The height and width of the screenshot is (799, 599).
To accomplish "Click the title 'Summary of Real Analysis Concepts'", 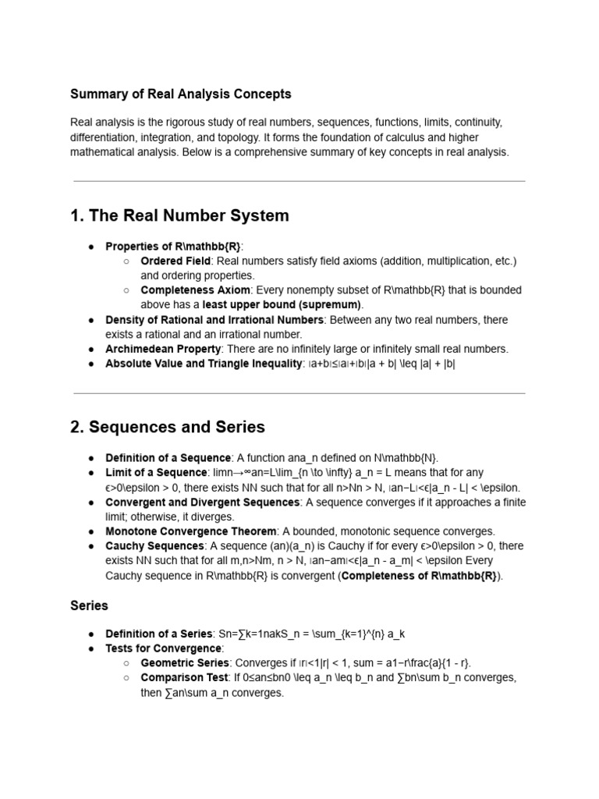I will pyautogui.click(x=181, y=94).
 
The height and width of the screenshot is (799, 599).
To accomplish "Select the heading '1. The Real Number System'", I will pyautogui.click(x=179, y=215).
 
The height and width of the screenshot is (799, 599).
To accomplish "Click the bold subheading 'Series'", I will pyautogui.click(x=89, y=605).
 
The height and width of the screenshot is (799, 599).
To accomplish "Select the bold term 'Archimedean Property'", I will pyautogui.click(x=164, y=349).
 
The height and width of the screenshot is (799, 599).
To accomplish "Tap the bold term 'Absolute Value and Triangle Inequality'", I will pyautogui.click(x=204, y=364).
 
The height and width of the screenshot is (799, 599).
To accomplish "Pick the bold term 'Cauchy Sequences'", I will pyautogui.click(x=155, y=545).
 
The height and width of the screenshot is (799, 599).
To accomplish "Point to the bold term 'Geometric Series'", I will pyautogui.click(x=183, y=663).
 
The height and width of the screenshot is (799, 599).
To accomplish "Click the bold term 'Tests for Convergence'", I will pyautogui.click(x=164, y=648).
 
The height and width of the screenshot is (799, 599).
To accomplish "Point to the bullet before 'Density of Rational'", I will pyautogui.click(x=91, y=320).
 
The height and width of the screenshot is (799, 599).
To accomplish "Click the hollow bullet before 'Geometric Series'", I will pyautogui.click(x=126, y=663).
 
